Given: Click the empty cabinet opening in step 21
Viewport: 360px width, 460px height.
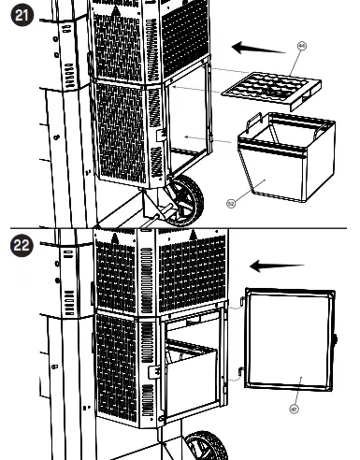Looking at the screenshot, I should [x=187, y=122].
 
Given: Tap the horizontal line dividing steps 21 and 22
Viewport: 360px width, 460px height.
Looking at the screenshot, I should [x=180, y=227].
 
